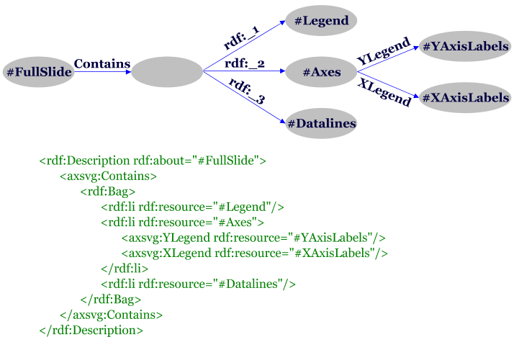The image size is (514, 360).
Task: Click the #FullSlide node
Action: click(x=38, y=72)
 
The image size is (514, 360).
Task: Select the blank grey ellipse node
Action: click(x=167, y=72)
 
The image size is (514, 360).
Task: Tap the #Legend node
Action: click(x=321, y=22)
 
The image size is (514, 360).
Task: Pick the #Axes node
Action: click(x=321, y=72)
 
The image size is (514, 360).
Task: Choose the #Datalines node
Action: click(x=321, y=124)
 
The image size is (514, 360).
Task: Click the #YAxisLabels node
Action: click(x=465, y=47)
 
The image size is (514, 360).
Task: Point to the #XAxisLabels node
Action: click(x=465, y=98)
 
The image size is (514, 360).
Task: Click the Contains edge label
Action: click(x=102, y=64)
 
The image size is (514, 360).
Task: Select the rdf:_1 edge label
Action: click(x=243, y=38)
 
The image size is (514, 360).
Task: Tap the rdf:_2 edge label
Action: click(x=245, y=64)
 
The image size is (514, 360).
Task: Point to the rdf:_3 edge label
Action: click(x=247, y=92)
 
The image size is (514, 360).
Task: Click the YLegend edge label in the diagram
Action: click(x=384, y=52)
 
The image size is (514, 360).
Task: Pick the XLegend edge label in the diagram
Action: click(x=384, y=93)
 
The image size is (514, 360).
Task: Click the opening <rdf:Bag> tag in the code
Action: click(x=108, y=192)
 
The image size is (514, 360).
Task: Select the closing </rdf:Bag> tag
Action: click(x=111, y=299)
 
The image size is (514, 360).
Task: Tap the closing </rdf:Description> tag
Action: click(x=91, y=330)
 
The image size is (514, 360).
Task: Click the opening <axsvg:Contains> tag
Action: click(x=109, y=176)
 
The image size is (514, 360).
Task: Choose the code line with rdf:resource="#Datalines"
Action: click(x=199, y=284)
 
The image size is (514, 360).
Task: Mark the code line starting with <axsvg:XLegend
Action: click(x=255, y=253)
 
